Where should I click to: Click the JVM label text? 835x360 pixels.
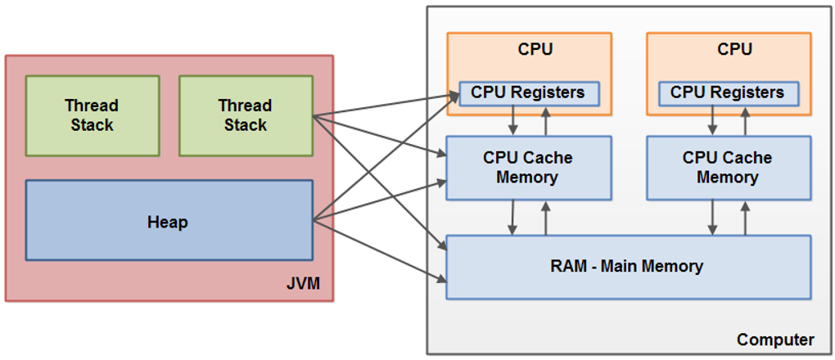303,284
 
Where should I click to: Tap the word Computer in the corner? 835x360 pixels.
775,339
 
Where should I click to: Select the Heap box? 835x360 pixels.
169,221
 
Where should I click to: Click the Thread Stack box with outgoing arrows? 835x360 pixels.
246,115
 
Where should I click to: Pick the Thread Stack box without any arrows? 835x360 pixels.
93,115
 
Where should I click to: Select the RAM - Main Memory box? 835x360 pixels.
627,266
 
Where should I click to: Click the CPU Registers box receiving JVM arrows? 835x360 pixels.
528,92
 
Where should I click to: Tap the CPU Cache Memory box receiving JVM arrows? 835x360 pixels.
528,168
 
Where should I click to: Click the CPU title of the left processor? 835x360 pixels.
535,49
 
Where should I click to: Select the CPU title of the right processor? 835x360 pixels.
734,49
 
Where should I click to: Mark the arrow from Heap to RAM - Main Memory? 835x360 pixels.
380,253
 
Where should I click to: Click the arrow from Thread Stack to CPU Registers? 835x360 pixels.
385,106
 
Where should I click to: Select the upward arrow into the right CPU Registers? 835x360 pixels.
745,120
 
